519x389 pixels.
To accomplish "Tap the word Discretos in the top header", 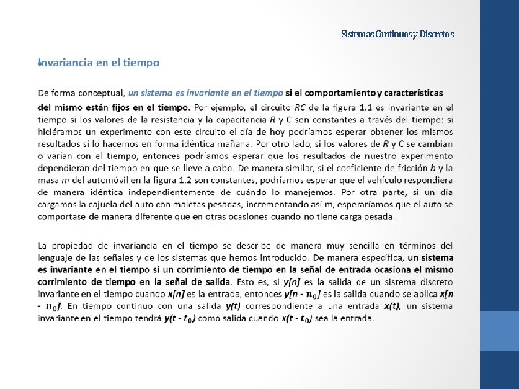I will [436, 34].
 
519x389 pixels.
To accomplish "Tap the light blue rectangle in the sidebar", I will [500, 331].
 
